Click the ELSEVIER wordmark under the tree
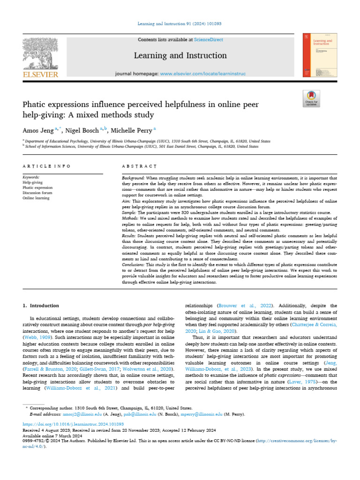41,75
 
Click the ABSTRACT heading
139,166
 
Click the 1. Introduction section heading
41,306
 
